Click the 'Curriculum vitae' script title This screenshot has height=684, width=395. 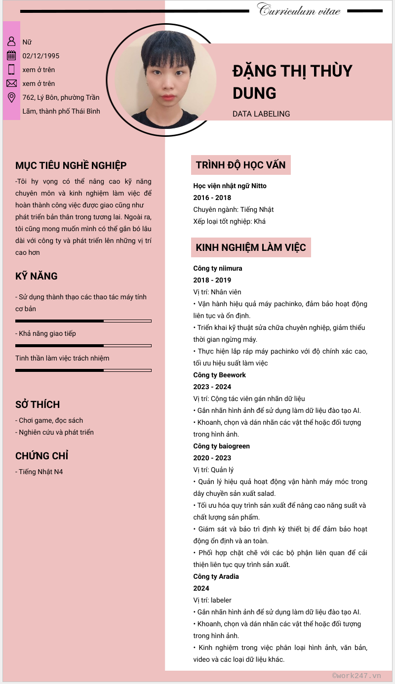pyautogui.click(x=299, y=10)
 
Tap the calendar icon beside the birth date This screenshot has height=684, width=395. pyautogui.click(x=11, y=56)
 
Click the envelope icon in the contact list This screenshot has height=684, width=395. pyautogui.click(x=11, y=83)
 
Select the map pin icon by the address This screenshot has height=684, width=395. pyautogui.click(x=11, y=97)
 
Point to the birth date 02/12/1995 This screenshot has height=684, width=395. pyautogui.click(x=41, y=56)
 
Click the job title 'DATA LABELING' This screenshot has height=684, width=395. pyautogui.click(x=261, y=114)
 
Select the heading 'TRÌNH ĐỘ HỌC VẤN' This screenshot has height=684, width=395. pyautogui.click(x=240, y=165)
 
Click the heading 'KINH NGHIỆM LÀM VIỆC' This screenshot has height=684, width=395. pyautogui.click(x=251, y=247)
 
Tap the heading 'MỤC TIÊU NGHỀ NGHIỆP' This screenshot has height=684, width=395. pyautogui.click(x=71, y=165)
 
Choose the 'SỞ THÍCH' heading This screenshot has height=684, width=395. pyautogui.click(x=38, y=404)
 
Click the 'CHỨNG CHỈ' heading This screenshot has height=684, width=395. pyautogui.click(x=41, y=456)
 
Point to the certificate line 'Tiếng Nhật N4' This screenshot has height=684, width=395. pyautogui.click(x=40, y=472)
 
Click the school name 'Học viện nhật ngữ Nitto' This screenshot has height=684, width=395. pyautogui.click(x=230, y=186)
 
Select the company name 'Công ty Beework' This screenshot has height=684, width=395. pyautogui.click(x=219, y=375)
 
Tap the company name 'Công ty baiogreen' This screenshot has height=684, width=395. pyautogui.click(x=221, y=446)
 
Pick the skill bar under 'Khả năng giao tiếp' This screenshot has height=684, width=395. pyautogui.click(x=83, y=345)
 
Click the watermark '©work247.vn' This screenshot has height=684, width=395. pyautogui.click(x=356, y=676)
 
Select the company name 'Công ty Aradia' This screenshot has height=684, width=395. pyautogui.click(x=216, y=576)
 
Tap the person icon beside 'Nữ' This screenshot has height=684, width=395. pyautogui.click(x=11, y=41)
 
